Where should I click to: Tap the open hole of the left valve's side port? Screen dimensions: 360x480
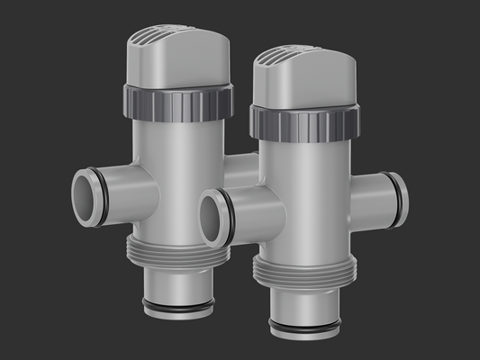[83, 197]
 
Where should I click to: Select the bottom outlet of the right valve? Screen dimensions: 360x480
[304, 310]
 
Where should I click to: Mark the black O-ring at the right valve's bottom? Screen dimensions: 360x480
[304, 326]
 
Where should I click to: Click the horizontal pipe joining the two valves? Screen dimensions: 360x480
[240, 171]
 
